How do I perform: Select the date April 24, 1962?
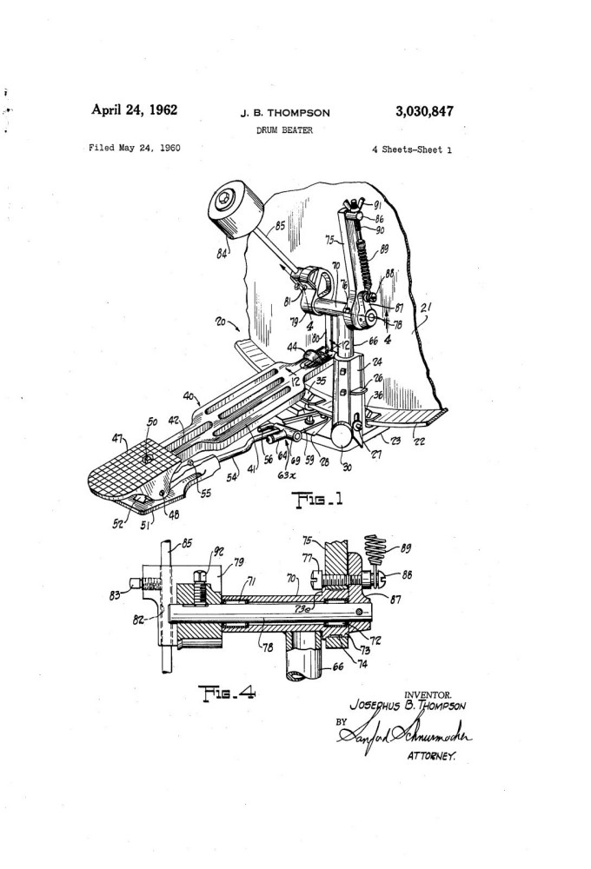135,110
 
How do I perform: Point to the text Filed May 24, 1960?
134,148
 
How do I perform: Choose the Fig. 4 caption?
229,693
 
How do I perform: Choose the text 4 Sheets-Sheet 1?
410,149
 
